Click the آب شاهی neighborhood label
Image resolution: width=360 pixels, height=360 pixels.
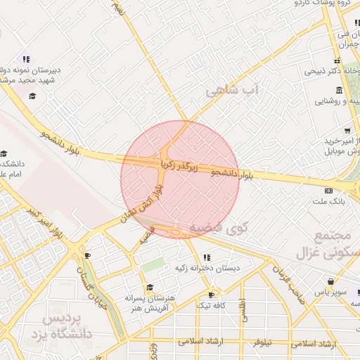click(x=233, y=91)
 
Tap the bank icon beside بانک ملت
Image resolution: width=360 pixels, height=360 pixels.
click(x=328, y=191)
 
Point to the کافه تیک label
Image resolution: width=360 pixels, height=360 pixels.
click(x=210, y=305)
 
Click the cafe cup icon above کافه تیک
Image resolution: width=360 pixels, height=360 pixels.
click(x=211, y=295)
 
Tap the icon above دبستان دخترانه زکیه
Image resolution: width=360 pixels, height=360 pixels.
click(x=206, y=257)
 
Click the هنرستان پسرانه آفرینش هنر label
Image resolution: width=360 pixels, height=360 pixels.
click(x=150, y=302)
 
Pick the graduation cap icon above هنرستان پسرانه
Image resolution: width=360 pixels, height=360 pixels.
click(x=149, y=287)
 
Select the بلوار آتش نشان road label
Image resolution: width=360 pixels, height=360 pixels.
click(x=143, y=203)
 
